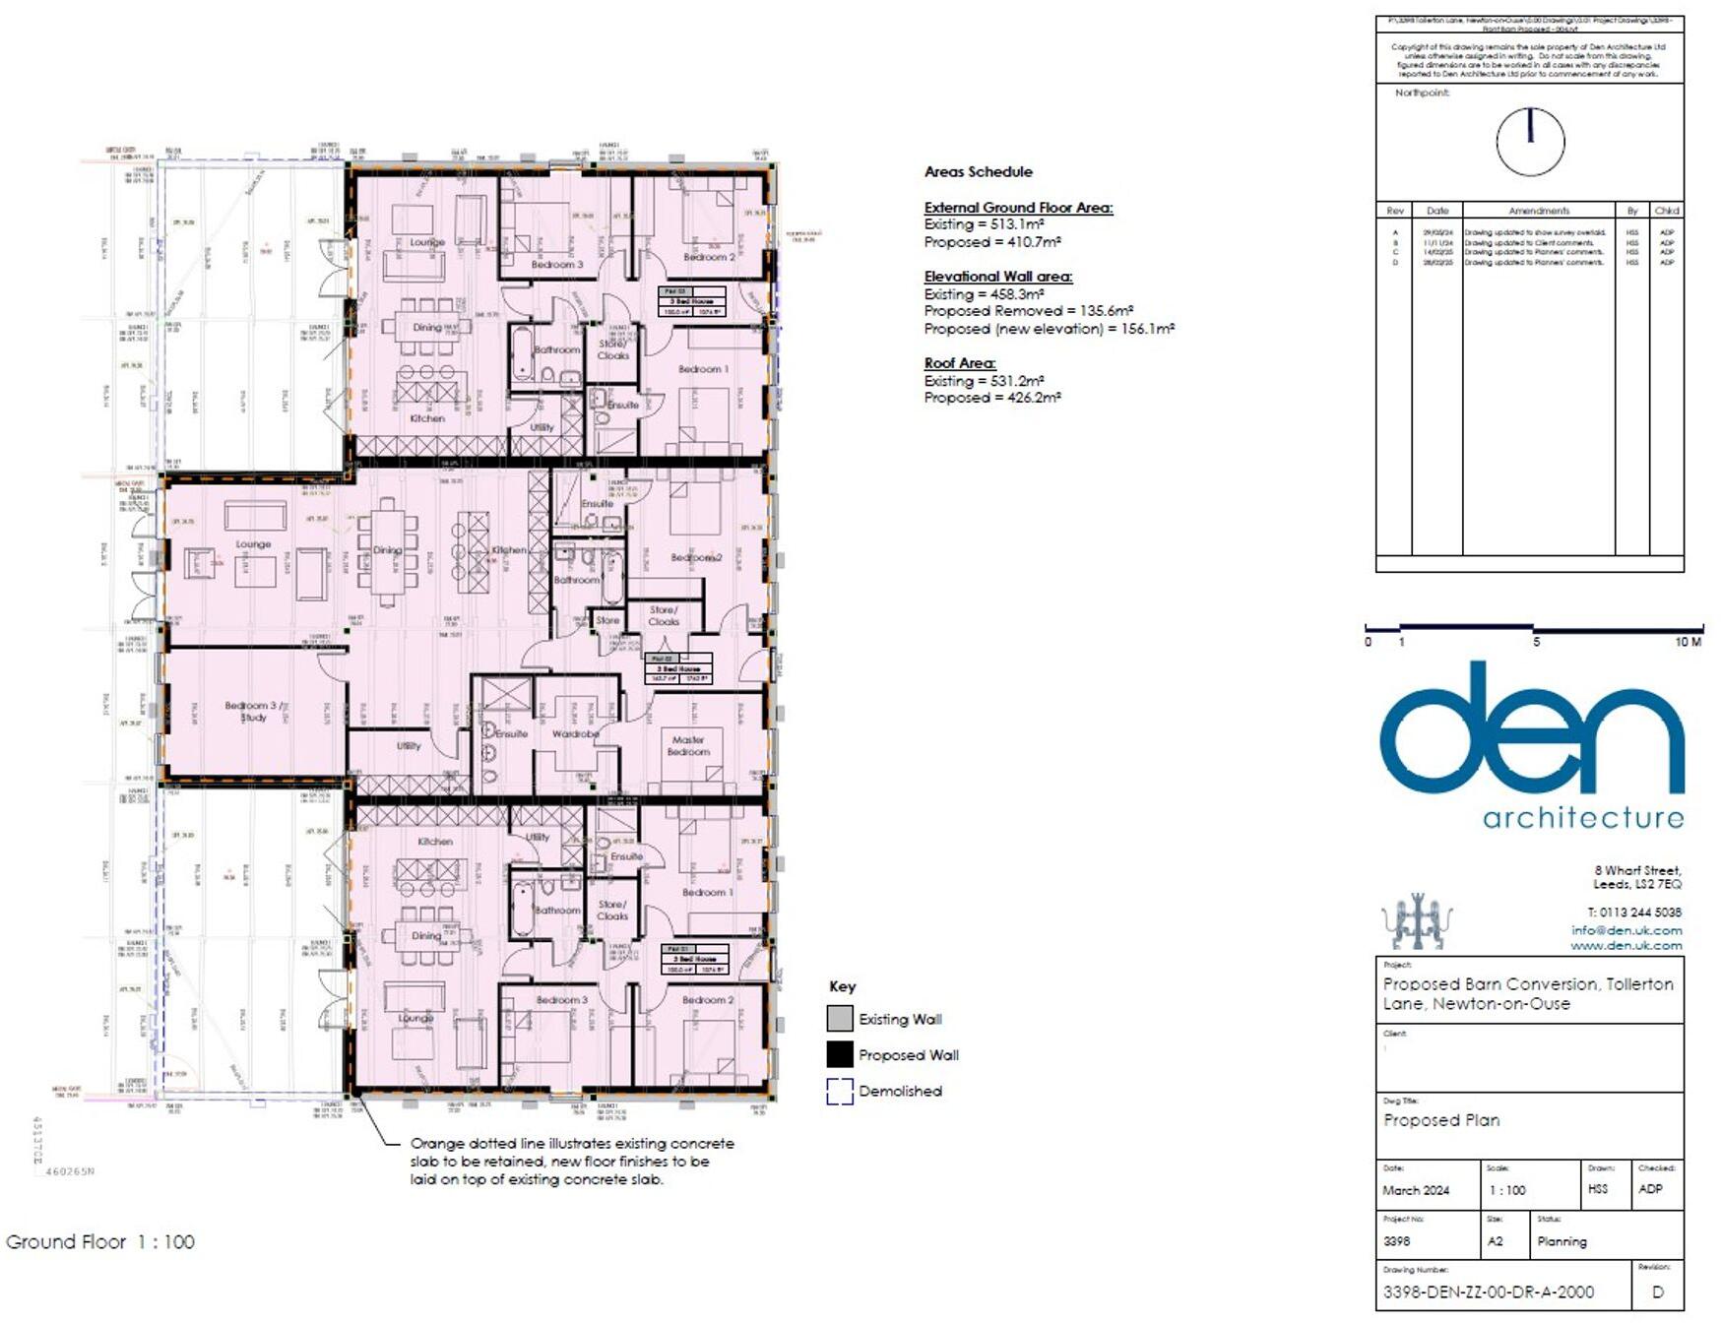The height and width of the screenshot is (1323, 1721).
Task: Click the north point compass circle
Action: pyautogui.click(x=1530, y=142)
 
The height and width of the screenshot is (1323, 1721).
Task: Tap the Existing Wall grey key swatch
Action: pyautogui.click(x=840, y=1019)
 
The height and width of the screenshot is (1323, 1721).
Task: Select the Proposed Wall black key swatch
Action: pyautogui.click(x=840, y=1055)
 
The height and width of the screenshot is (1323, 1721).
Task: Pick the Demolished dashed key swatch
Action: pyautogui.click(x=840, y=1092)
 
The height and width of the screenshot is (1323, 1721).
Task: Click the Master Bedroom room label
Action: pyautogui.click(x=688, y=745)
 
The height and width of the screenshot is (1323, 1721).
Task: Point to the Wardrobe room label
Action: pyautogui.click(x=576, y=734)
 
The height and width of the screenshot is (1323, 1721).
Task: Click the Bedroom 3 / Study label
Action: pyautogui.click(x=252, y=711)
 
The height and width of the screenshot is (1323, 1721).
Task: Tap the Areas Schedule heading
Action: pyautogui.click(x=978, y=172)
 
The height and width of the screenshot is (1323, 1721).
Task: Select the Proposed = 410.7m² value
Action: pyautogui.click(x=991, y=242)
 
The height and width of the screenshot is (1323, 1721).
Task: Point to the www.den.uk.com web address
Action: pyautogui.click(x=1625, y=946)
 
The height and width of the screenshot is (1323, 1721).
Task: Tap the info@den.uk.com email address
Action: pyautogui.click(x=1626, y=930)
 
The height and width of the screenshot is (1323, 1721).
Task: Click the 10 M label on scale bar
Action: pyautogui.click(x=1688, y=642)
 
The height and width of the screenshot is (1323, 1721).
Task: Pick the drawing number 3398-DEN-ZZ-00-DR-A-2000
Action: pyautogui.click(x=1488, y=1292)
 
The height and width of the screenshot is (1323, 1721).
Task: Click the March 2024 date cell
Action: pyautogui.click(x=1416, y=1190)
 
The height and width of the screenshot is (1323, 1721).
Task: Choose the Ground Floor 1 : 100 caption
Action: pyautogui.click(x=100, y=1242)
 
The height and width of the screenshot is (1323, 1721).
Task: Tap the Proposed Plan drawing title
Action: pyautogui.click(x=1440, y=1120)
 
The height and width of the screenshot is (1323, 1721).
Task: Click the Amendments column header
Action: pyautogui.click(x=1539, y=211)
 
